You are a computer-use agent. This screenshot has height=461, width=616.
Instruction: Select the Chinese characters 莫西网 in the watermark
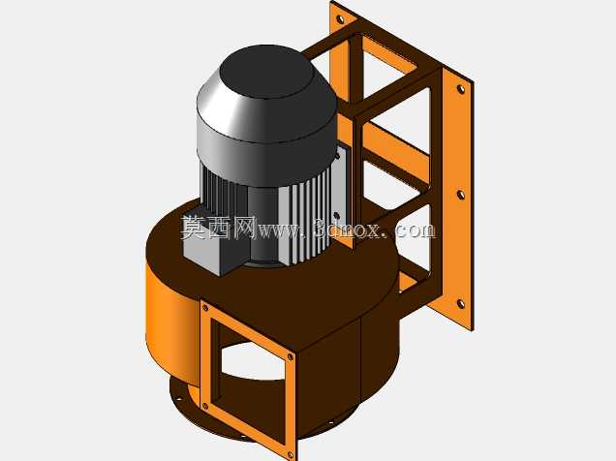coord(219,228)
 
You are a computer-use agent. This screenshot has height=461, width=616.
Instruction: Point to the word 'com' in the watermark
coord(416,230)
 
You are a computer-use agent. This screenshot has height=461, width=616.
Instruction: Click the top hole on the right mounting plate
coord(461,89)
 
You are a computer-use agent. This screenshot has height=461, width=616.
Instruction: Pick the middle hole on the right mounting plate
coord(461,195)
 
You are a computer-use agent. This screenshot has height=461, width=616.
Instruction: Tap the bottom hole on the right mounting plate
coord(461,303)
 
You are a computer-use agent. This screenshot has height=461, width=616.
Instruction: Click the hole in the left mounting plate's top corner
coord(339,18)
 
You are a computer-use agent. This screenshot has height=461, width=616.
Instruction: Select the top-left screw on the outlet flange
coord(205,308)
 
